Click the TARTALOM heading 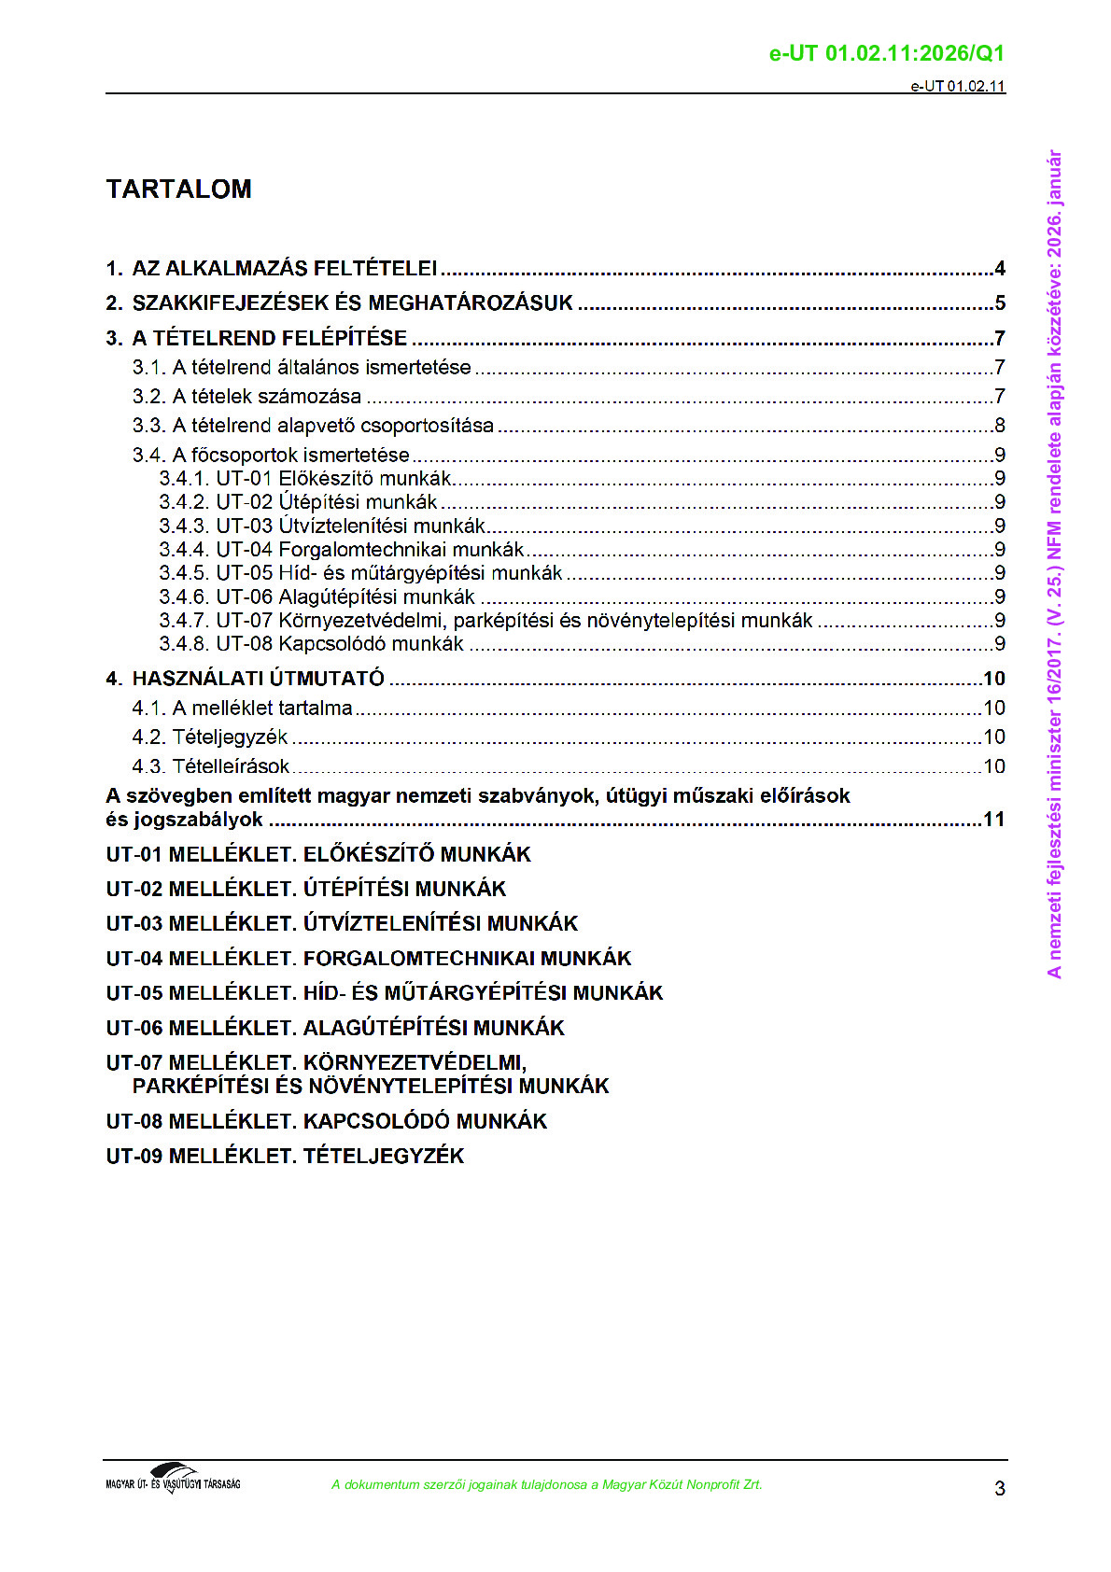tap(178, 189)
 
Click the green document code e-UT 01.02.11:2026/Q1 tap(886, 54)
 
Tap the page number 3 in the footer tap(999, 1488)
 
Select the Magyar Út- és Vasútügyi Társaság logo tap(173, 1480)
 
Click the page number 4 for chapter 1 tap(1000, 270)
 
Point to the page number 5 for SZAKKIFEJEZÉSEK tap(1000, 304)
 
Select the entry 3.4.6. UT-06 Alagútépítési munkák tap(317, 597)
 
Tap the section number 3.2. tap(148, 397)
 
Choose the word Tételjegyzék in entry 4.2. tap(230, 737)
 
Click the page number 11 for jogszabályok tap(993, 821)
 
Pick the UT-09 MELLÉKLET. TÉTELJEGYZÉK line tap(285, 1157)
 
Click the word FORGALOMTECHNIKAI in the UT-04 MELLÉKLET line tap(419, 959)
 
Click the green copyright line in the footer tap(546, 1485)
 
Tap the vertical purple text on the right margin tap(1054, 564)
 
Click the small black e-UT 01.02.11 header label tap(958, 87)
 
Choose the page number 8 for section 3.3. tap(1000, 427)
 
